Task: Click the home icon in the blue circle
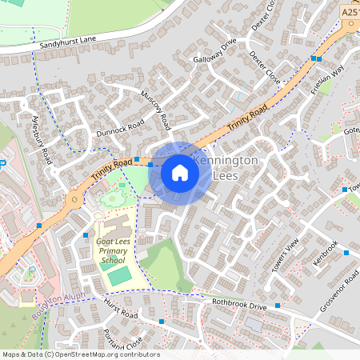(180, 172)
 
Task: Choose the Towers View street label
(285, 254)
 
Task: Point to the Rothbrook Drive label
(239, 305)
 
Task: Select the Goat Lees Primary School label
(112, 250)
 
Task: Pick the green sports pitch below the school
(120, 276)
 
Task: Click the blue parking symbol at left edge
(2, 162)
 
